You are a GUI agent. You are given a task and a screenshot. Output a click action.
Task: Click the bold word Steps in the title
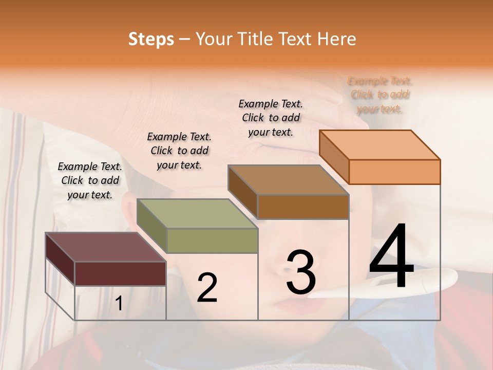[x=151, y=39]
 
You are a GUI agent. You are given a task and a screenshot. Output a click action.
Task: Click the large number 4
[x=391, y=257]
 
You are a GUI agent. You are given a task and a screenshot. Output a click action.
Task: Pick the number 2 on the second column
[x=207, y=288]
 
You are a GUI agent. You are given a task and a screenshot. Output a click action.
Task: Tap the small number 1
[x=119, y=304]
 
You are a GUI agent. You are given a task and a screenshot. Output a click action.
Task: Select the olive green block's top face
[x=197, y=213]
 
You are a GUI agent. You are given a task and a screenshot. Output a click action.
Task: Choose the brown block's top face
[x=288, y=179]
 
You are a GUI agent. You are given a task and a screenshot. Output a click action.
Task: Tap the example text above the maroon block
[x=90, y=180]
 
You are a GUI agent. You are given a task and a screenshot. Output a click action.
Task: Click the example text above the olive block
[x=179, y=151]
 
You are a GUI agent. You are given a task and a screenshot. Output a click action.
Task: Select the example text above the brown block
[x=271, y=118]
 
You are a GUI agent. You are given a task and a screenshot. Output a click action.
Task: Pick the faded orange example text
[x=380, y=95]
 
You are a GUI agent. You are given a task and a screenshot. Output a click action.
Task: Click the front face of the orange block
[x=394, y=172]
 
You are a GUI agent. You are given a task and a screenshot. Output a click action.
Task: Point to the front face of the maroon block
[x=120, y=273]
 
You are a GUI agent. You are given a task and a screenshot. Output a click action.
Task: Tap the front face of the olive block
[x=212, y=240]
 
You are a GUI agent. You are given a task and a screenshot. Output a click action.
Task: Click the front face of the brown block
[x=303, y=207]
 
